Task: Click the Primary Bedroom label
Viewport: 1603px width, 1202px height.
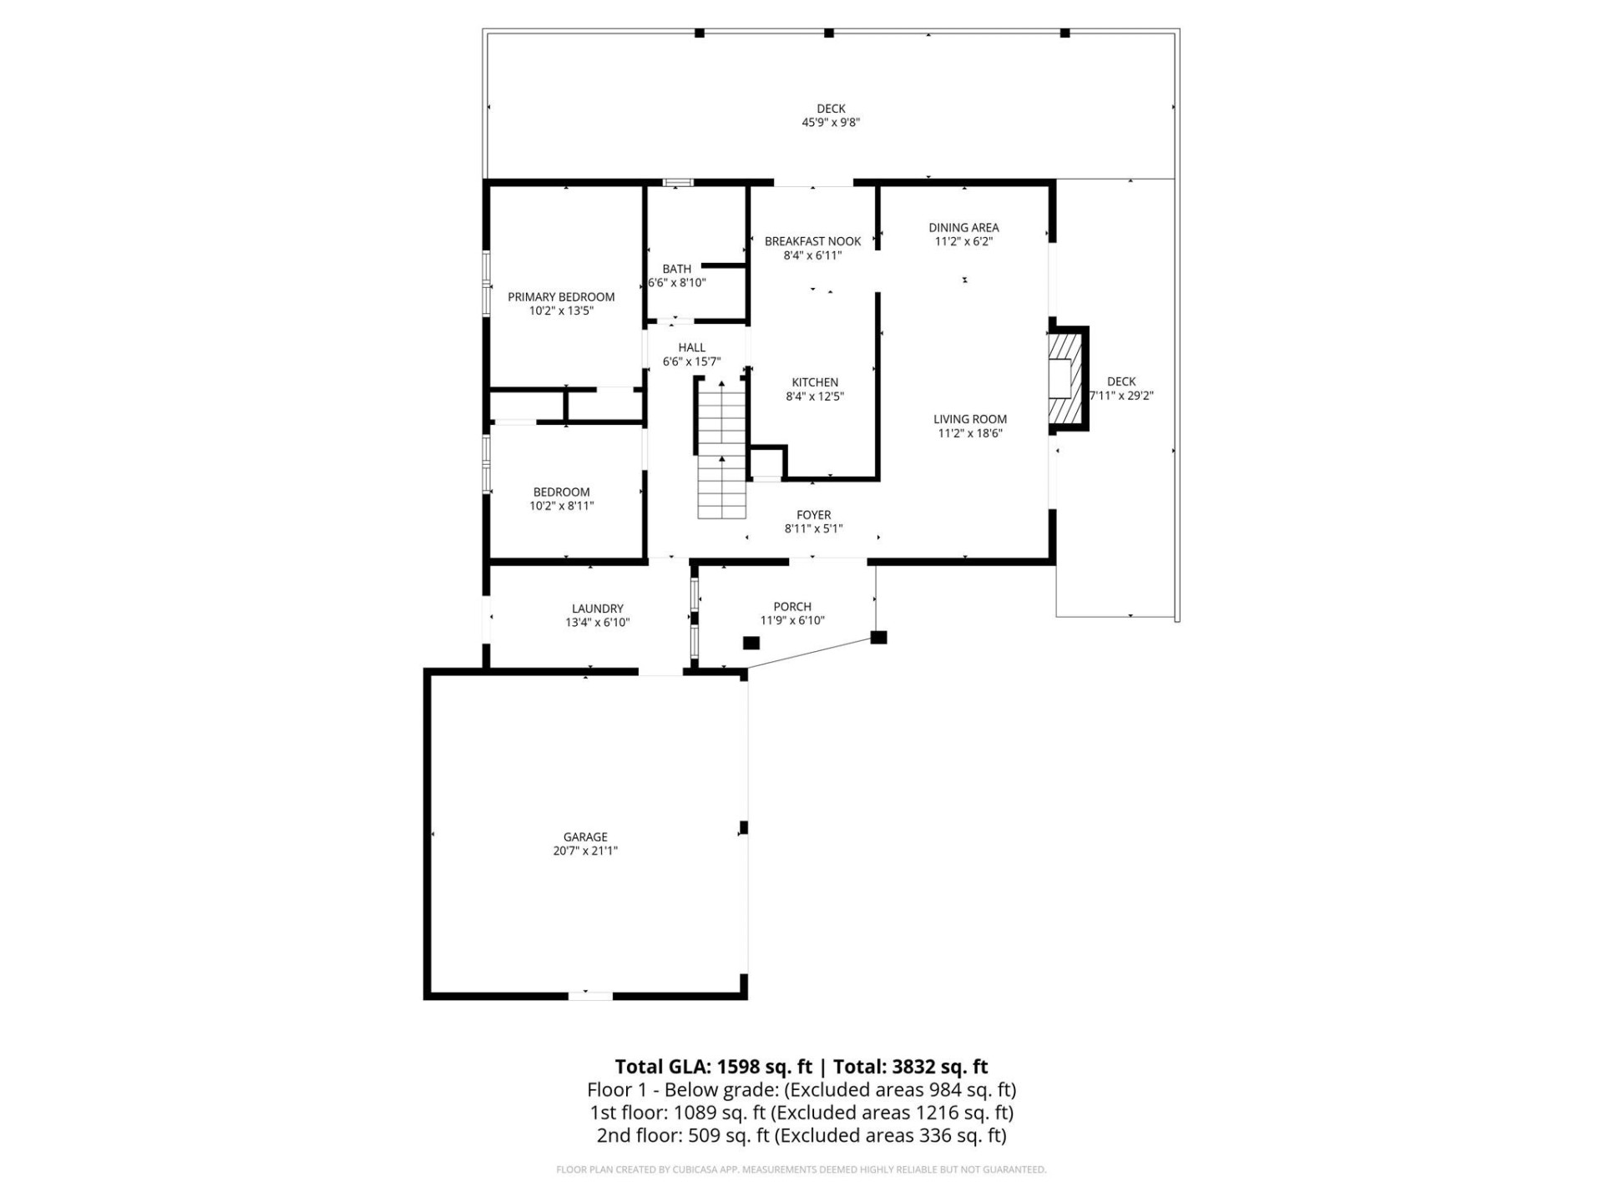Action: click(x=561, y=296)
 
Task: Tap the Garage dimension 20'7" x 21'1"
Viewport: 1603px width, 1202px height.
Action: click(x=584, y=851)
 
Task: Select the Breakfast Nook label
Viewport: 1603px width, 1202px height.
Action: click(x=812, y=241)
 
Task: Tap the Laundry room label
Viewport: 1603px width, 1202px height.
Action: click(x=597, y=609)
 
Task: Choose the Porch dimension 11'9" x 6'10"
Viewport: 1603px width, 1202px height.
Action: click(x=792, y=620)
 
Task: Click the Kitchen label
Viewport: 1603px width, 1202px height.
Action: click(x=815, y=382)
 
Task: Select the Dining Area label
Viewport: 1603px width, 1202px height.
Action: click(x=963, y=227)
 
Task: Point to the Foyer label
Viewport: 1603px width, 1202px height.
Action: click(x=813, y=515)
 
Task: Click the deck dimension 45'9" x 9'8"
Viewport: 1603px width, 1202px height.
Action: click(x=831, y=122)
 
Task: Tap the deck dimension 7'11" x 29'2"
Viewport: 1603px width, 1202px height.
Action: click(x=1121, y=396)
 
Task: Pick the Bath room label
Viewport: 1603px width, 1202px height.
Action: click(x=676, y=269)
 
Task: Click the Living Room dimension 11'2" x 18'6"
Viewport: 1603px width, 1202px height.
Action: click(x=969, y=433)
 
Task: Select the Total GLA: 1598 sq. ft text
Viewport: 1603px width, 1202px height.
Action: click(x=713, y=1066)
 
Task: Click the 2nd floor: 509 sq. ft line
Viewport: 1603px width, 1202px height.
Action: click(x=801, y=1135)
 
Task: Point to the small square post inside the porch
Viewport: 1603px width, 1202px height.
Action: click(x=751, y=643)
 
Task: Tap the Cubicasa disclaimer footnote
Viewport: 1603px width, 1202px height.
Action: click(x=801, y=1169)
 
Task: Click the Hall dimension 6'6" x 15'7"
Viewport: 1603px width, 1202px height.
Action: click(x=691, y=361)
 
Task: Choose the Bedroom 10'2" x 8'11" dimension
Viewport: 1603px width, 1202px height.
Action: click(x=561, y=506)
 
